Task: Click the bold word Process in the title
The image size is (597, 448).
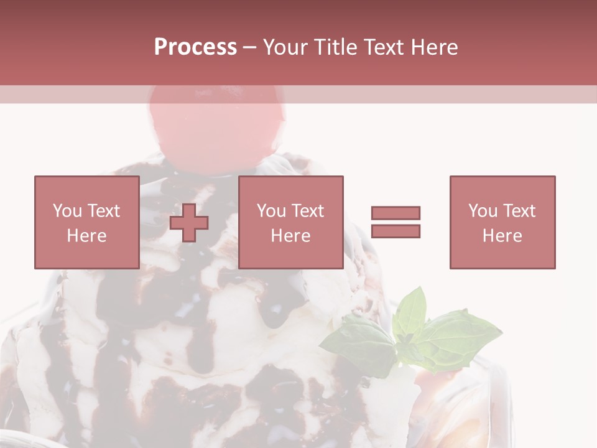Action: [x=195, y=47]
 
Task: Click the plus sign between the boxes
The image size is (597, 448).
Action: [x=189, y=222]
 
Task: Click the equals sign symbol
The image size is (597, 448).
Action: [x=396, y=222]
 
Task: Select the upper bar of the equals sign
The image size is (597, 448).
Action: [x=396, y=213]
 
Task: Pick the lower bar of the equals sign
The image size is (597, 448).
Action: [x=396, y=231]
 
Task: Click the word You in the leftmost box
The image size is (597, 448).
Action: [x=67, y=211]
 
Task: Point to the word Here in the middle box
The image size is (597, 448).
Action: [x=290, y=236]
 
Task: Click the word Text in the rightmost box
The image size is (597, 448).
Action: [x=518, y=211]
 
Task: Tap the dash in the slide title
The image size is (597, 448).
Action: [x=249, y=47]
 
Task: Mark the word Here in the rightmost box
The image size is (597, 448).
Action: [x=502, y=236]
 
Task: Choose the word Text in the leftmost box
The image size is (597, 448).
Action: [x=103, y=211]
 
